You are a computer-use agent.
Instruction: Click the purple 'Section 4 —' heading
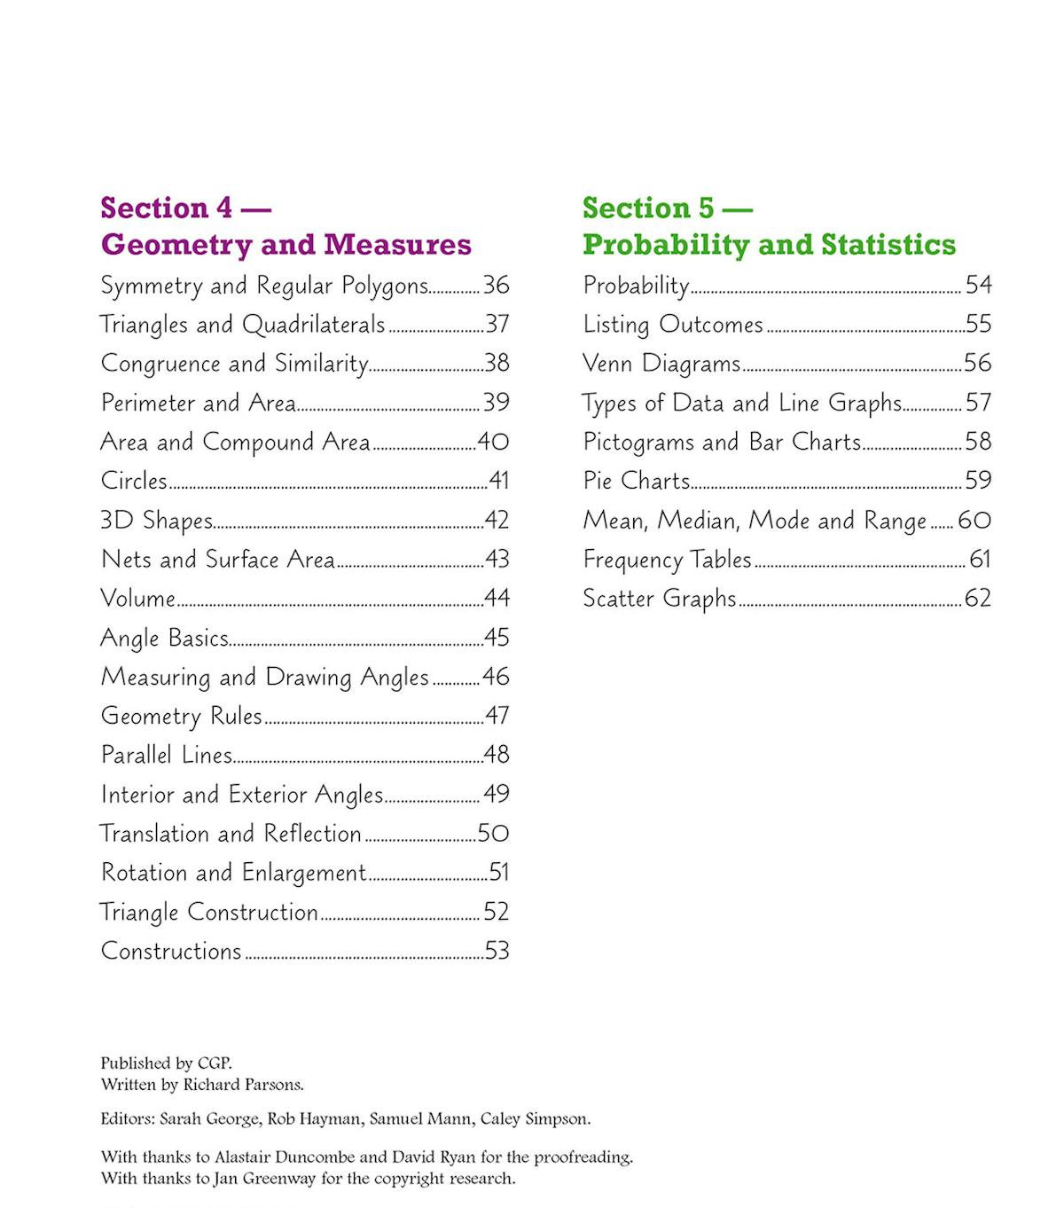(x=185, y=208)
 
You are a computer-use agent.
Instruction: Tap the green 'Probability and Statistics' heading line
(x=769, y=244)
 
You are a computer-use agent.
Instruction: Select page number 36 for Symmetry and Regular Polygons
(x=496, y=285)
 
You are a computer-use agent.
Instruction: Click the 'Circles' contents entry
(x=134, y=481)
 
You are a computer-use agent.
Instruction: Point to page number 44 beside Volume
(x=497, y=598)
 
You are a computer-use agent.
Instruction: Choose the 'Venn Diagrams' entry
(x=661, y=363)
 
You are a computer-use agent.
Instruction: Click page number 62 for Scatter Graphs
(x=977, y=598)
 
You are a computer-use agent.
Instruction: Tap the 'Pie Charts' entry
(x=636, y=481)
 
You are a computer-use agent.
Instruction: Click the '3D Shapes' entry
(x=157, y=520)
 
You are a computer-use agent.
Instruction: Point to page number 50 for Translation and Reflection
(x=493, y=833)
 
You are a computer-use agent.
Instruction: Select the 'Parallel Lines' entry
(x=167, y=755)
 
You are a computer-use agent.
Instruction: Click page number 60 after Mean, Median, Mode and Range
(x=974, y=520)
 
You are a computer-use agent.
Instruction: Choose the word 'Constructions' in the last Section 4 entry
(x=171, y=951)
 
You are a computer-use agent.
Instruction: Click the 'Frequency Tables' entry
(x=667, y=559)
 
